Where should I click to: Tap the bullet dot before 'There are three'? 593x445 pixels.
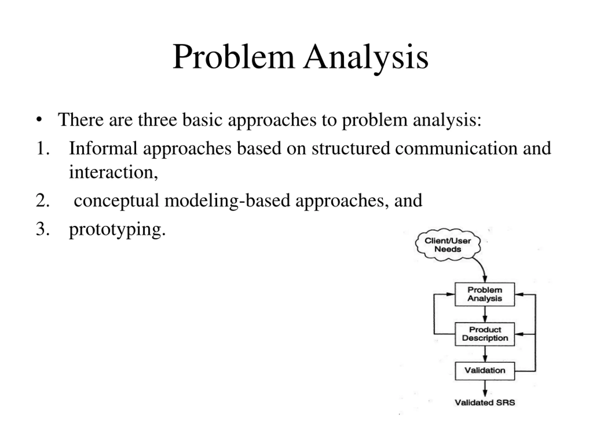pos(39,119)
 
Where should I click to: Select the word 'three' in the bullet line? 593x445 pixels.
pos(157,119)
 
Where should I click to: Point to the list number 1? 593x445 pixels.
pos(43,148)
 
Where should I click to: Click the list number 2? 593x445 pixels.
pos(43,200)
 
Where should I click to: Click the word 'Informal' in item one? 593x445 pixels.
pos(103,148)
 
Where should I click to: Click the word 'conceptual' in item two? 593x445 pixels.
pos(116,200)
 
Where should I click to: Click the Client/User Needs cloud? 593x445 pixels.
pos(448,245)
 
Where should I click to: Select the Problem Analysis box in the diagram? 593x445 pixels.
pos(485,294)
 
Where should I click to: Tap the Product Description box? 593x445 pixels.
pos(485,334)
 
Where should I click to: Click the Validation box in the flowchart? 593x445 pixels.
pos(485,371)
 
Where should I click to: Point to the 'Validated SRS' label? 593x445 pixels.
pos(485,403)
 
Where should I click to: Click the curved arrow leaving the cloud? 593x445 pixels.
pos(482,268)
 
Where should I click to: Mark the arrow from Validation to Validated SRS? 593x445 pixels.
pos(485,388)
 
